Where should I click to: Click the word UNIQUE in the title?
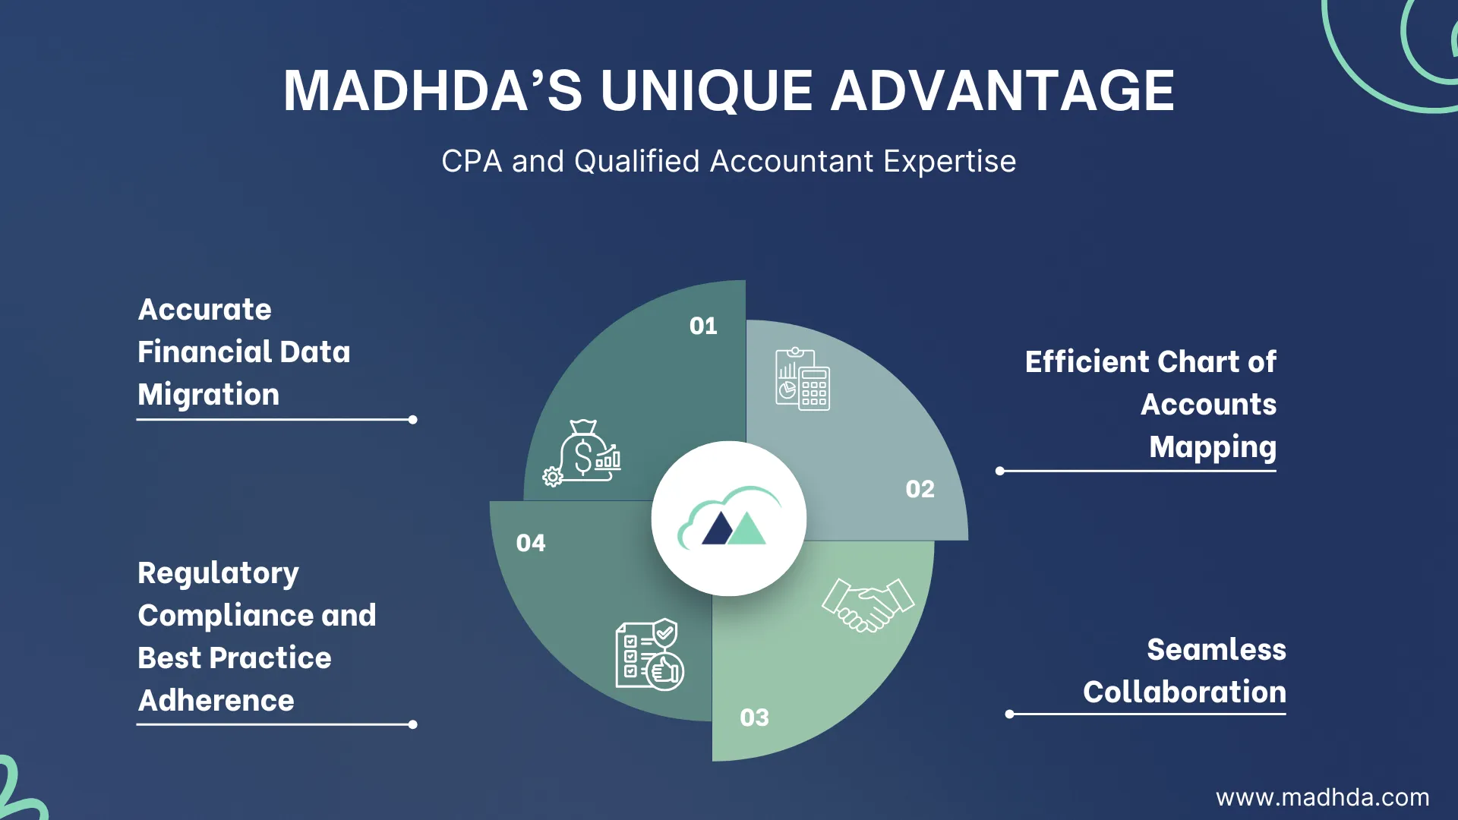(706, 91)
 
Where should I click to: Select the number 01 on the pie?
(703, 326)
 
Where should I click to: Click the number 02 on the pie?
(920, 490)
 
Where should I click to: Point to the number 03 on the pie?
(754, 718)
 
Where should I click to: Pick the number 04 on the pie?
(531, 544)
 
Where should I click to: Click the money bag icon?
(582, 453)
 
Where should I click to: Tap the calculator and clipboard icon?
(803, 379)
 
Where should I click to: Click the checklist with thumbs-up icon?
(649, 654)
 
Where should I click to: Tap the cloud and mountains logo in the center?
(729, 519)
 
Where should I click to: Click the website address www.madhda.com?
(1322, 798)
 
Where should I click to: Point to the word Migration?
(209, 395)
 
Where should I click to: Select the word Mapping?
(1213, 447)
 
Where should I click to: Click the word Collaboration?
(1185, 692)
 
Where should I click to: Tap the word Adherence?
(216, 701)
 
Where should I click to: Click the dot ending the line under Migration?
(413, 420)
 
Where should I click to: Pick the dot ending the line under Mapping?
(1000, 471)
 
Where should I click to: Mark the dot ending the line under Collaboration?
(1009, 714)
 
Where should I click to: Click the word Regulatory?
(219, 573)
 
